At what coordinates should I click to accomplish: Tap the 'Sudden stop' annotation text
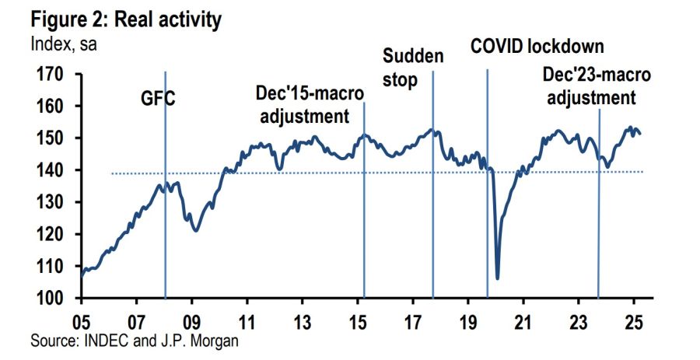pos(412,68)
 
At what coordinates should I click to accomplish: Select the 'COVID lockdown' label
pos(537,46)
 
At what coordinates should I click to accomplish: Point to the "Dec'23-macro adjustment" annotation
pos(595,87)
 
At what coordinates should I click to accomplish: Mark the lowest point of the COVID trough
pos(497,278)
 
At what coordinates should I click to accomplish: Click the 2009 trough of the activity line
pos(196,230)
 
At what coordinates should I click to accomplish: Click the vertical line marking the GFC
pos(165,233)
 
